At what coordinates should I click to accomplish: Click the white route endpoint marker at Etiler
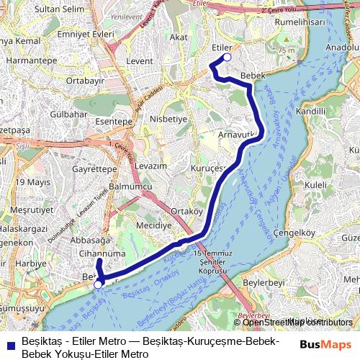227,58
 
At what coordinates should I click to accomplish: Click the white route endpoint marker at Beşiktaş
98,284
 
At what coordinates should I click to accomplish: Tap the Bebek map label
253,76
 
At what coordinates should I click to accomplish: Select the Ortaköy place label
184,211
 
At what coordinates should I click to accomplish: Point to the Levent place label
140,62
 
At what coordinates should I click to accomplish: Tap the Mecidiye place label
154,225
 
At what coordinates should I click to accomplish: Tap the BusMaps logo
325,345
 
